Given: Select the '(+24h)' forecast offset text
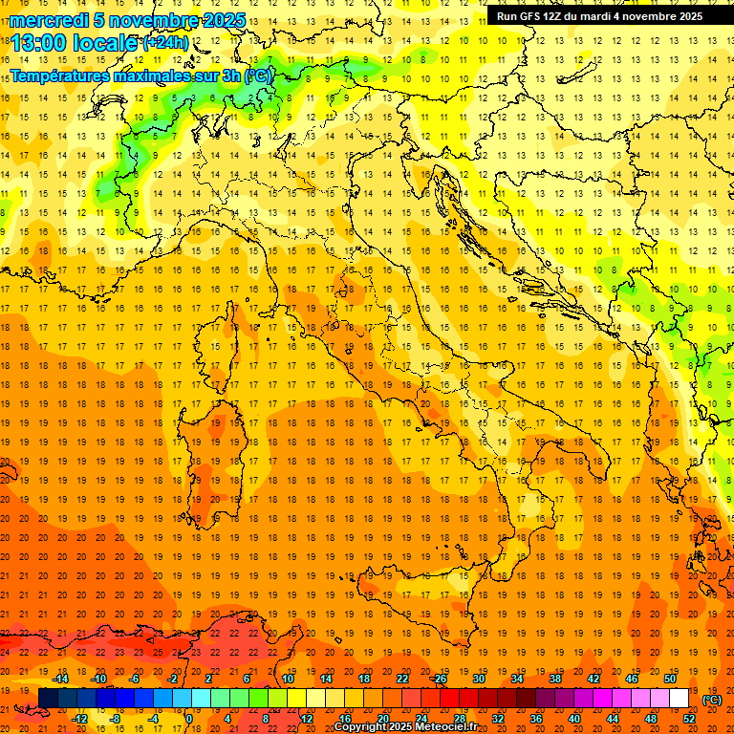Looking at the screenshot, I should coord(166,43).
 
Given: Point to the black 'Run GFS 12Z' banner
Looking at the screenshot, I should coord(600,15).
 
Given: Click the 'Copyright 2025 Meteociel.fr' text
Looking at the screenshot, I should coord(405,727).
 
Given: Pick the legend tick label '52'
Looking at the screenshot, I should coord(689,719).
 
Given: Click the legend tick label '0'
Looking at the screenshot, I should coord(189,719).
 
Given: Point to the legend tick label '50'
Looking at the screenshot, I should coord(669,679).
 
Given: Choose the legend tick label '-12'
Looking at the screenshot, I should coord(79,719).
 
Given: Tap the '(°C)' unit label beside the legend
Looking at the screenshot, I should coord(712,699).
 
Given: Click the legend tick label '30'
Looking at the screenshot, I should coord(478,679).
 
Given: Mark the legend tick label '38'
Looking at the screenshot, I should coord(554,679).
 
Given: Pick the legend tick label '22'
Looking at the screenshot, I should coord(401,679).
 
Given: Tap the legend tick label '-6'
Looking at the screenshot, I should coord(137,679).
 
